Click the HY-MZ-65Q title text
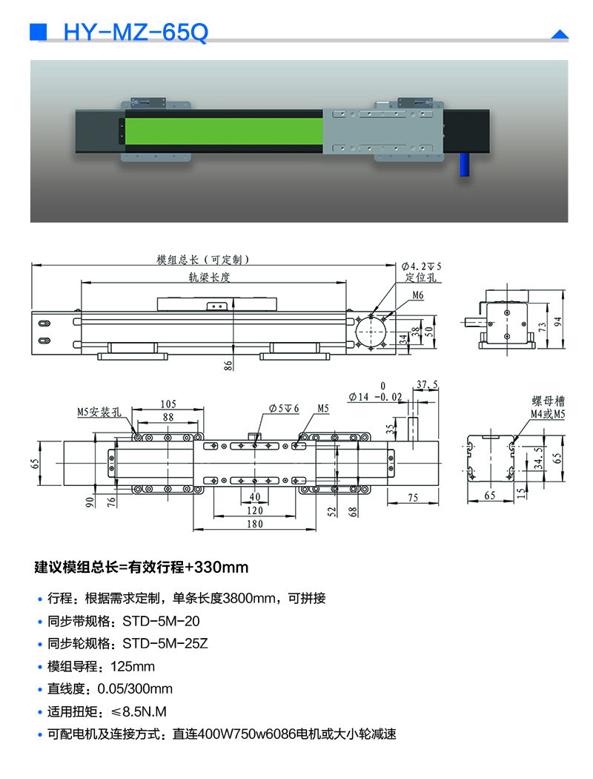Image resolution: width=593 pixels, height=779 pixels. pyautogui.click(x=136, y=33)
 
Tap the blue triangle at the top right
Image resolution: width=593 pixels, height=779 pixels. pyautogui.click(x=560, y=34)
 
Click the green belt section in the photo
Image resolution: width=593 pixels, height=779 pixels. pyautogui.click(x=222, y=133)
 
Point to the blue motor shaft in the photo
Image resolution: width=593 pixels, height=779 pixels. pyautogui.click(x=466, y=164)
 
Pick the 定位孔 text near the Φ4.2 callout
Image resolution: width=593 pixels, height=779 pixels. pyautogui.click(x=422, y=277)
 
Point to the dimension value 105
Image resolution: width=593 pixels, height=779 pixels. pyautogui.click(x=168, y=404)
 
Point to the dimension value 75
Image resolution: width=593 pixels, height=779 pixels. pyautogui.click(x=413, y=497)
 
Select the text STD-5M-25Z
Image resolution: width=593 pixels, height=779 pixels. pyautogui.click(x=165, y=644)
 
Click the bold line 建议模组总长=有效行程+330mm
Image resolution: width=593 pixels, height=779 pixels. pyautogui.click(x=142, y=568)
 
